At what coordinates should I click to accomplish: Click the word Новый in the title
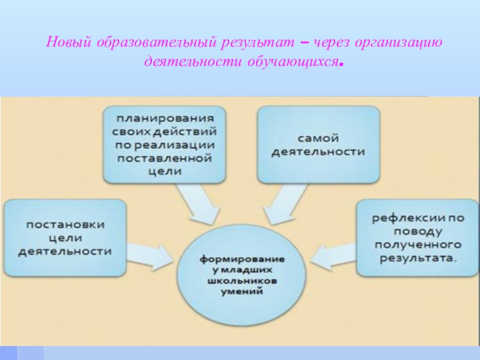click(x=64, y=43)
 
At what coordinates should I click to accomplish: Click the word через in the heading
click(x=329, y=43)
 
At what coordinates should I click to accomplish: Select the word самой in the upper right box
click(x=318, y=137)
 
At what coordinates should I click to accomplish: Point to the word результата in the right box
click(x=414, y=259)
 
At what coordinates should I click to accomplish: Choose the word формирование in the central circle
click(x=242, y=259)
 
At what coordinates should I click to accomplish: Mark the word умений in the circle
click(x=242, y=292)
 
